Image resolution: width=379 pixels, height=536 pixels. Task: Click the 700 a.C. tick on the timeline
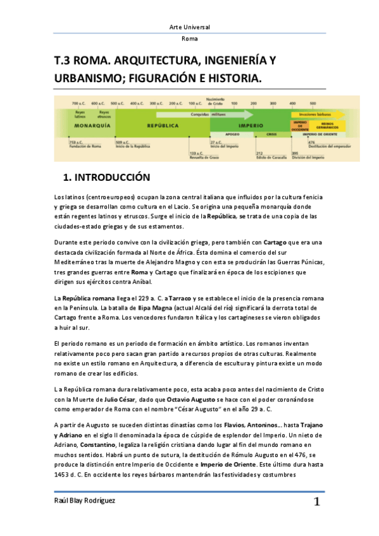pyautogui.click(x=78, y=103)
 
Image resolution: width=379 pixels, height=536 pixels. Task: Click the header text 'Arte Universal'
pyautogui.click(x=189, y=27)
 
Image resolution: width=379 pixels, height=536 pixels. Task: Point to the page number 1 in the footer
pyautogui.click(x=316, y=502)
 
